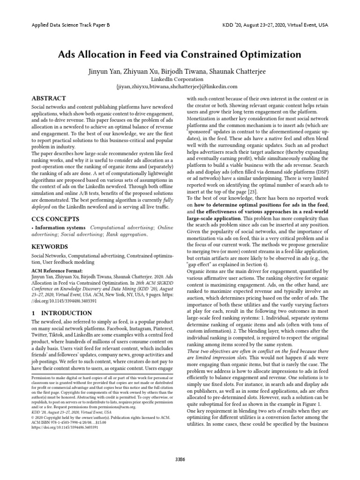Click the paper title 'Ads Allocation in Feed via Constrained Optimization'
coord(180,55)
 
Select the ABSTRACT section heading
coord(48,98)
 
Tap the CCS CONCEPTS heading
coord(55,218)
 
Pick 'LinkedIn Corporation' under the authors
coord(180,79)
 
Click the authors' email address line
coord(180,87)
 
